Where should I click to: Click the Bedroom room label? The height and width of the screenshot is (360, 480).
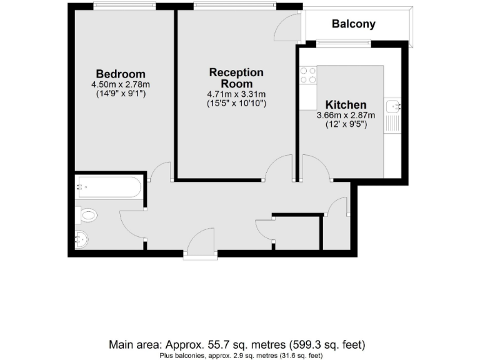[x=120, y=74]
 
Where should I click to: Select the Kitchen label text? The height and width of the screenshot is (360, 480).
[x=346, y=104]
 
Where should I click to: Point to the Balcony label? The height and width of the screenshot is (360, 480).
[x=354, y=24]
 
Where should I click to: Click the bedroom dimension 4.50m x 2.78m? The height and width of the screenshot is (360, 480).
[x=120, y=84]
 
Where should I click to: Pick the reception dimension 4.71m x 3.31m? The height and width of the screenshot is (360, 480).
[x=236, y=94]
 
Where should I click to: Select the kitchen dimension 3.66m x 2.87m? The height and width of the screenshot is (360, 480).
[x=346, y=115]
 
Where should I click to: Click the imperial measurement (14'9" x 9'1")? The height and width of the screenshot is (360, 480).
[x=120, y=93]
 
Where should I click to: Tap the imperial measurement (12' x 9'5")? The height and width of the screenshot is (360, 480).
[x=346, y=124]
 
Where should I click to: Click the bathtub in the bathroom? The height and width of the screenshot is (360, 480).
[x=109, y=186]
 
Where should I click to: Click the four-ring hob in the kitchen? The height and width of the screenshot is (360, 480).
[x=307, y=76]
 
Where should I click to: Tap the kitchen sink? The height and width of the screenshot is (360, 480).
[x=392, y=106]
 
